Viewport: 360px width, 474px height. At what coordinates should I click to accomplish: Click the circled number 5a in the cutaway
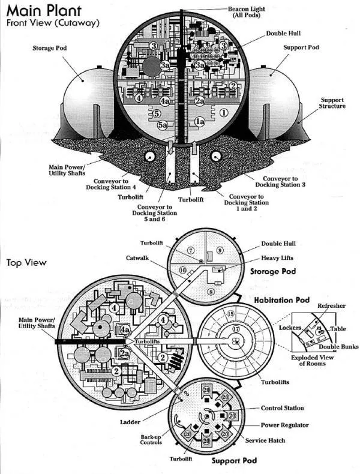[163, 125]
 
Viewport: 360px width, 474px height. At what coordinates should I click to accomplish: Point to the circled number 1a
[200, 122]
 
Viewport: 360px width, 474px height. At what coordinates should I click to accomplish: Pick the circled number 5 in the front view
[157, 113]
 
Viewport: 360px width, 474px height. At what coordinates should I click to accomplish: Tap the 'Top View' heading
[26, 262]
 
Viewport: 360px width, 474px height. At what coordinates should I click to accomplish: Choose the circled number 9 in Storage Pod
[220, 250]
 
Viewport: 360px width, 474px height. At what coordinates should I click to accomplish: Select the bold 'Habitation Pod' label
[281, 299]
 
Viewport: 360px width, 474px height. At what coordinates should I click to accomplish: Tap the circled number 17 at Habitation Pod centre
[235, 329]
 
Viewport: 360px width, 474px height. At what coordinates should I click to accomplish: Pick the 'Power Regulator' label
[284, 425]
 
